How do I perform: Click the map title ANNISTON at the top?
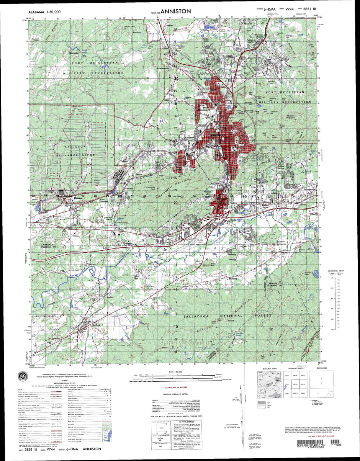pyautogui.click(x=175, y=11)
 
